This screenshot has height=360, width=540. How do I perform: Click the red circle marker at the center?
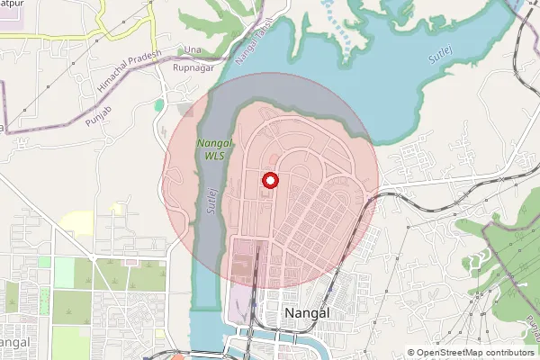coord(269,181)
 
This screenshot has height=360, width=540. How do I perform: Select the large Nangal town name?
coord(306,313)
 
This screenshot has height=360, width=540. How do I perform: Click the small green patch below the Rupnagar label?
coord(159,105)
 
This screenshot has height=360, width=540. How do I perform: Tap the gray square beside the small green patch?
coord(184,109)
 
